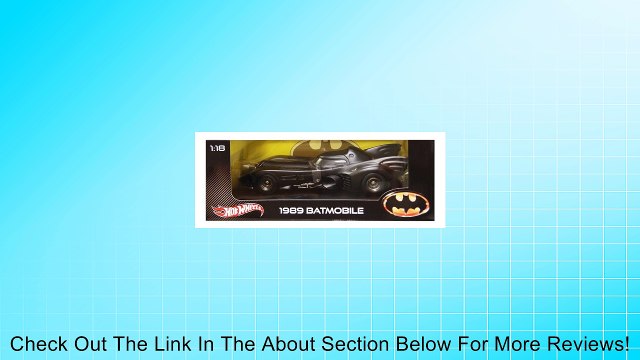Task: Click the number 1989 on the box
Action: coord(287,211)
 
